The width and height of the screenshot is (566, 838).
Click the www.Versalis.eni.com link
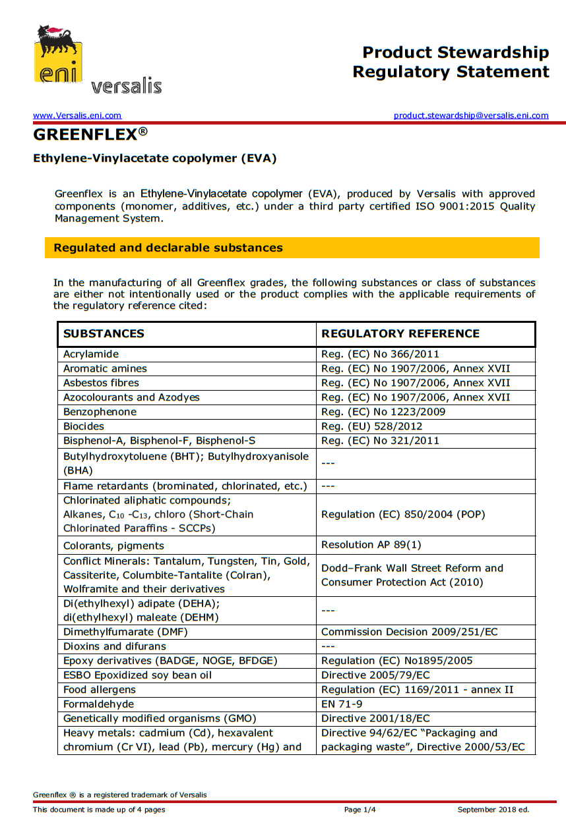(x=77, y=115)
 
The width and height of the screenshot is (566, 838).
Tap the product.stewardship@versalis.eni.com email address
(x=471, y=115)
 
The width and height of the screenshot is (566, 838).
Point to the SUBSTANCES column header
(x=104, y=333)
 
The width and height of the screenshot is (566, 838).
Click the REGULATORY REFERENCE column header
(x=400, y=333)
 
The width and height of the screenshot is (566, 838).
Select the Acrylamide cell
(x=91, y=354)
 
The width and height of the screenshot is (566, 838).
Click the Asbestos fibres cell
(x=101, y=383)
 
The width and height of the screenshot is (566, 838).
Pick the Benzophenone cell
(x=100, y=412)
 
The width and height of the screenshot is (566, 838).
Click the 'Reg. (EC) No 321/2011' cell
(x=380, y=441)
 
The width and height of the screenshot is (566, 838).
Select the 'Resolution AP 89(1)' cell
(x=371, y=545)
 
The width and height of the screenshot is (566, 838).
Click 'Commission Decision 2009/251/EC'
(x=409, y=632)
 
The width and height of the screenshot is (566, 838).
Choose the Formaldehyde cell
(x=95, y=704)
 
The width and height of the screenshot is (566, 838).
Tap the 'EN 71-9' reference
(x=342, y=704)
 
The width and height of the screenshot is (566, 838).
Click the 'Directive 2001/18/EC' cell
(x=375, y=718)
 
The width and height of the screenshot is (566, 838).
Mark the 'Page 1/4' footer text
(x=360, y=810)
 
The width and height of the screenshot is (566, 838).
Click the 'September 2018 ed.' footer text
(x=493, y=810)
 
